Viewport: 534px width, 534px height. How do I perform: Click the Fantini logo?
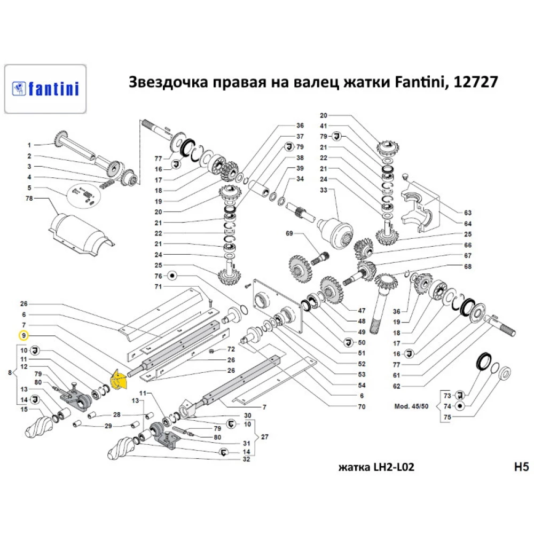(x=45, y=88)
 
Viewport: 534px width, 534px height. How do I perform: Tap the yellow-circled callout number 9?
(x=23, y=336)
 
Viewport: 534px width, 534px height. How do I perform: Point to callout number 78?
(x=30, y=199)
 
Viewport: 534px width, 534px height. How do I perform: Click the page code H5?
(x=520, y=467)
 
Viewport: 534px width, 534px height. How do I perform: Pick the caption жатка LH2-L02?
(x=376, y=468)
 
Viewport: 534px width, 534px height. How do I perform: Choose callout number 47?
(x=362, y=310)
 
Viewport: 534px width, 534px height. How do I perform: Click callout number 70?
(x=362, y=407)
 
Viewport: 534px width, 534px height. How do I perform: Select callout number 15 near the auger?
(x=23, y=409)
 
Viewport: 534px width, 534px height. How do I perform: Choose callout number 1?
(x=30, y=145)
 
